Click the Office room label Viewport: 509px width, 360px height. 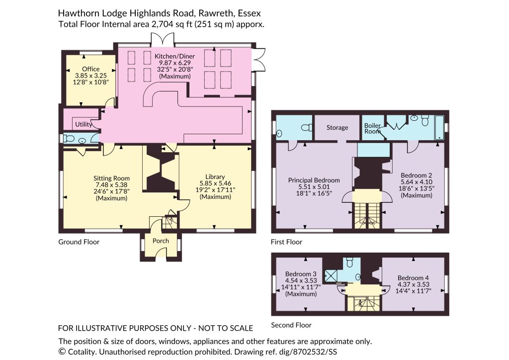click(90, 69)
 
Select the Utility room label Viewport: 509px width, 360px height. click(84, 124)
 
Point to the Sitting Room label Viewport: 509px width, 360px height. click(111, 178)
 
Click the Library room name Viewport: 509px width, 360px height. click(215, 177)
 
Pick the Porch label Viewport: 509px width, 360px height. click(161, 241)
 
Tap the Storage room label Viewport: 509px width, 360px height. click(338, 128)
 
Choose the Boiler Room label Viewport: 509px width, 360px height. click(372, 128)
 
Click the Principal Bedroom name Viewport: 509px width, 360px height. click(314, 180)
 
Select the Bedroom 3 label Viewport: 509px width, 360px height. click(301, 274)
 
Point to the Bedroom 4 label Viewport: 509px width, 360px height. click(413, 278)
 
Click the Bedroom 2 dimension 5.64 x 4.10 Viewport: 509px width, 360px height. click(417, 182)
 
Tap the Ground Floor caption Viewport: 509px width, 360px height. click(79, 242)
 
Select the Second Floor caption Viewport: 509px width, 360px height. click(291, 325)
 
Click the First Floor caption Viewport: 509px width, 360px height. click(286, 242)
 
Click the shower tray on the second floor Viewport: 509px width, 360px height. click(331, 275)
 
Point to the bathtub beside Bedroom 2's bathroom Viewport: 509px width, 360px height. click(439, 127)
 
